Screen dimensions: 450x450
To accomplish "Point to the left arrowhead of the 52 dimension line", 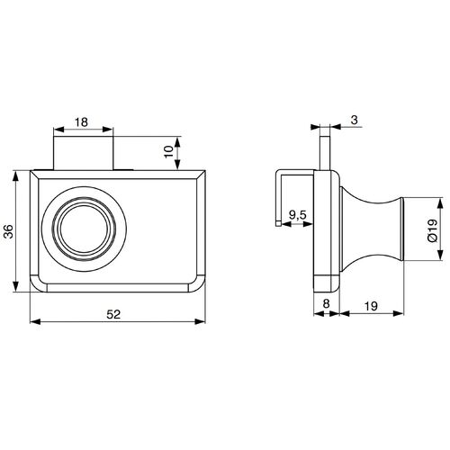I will (33, 319).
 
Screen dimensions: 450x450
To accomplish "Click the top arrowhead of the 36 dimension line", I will (17, 173).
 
